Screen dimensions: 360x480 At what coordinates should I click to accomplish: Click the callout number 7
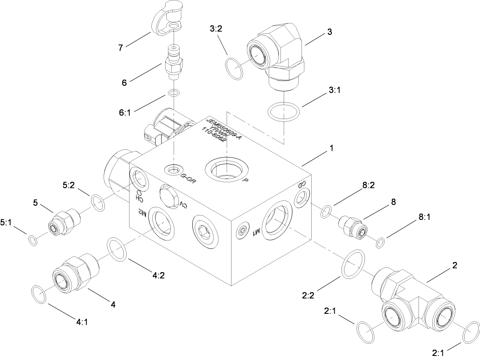120,48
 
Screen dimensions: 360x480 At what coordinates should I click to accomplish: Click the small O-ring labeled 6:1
174,93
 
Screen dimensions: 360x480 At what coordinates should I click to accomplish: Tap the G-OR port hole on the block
174,170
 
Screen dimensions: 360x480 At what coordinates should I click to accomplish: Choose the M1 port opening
277,221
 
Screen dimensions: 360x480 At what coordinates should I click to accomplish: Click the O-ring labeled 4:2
117,249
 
